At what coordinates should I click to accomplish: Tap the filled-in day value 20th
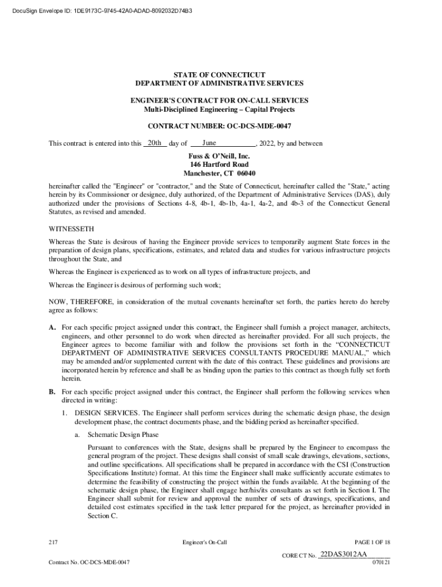pyautogui.click(x=154, y=143)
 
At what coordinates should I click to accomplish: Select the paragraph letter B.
pyautogui.click(x=52, y=392)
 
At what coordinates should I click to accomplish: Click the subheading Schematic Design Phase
pyautogui.click(x=123, y=434)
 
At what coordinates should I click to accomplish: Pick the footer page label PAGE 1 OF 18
pyautogui.click(x=373, y=542)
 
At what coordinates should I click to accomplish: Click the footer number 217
pyautogui.click(x=55, y=542)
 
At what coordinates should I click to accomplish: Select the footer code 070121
pyautogui.click(x=381, y=562)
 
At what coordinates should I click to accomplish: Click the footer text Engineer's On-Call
pyautogui.click(x=205, y=542)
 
